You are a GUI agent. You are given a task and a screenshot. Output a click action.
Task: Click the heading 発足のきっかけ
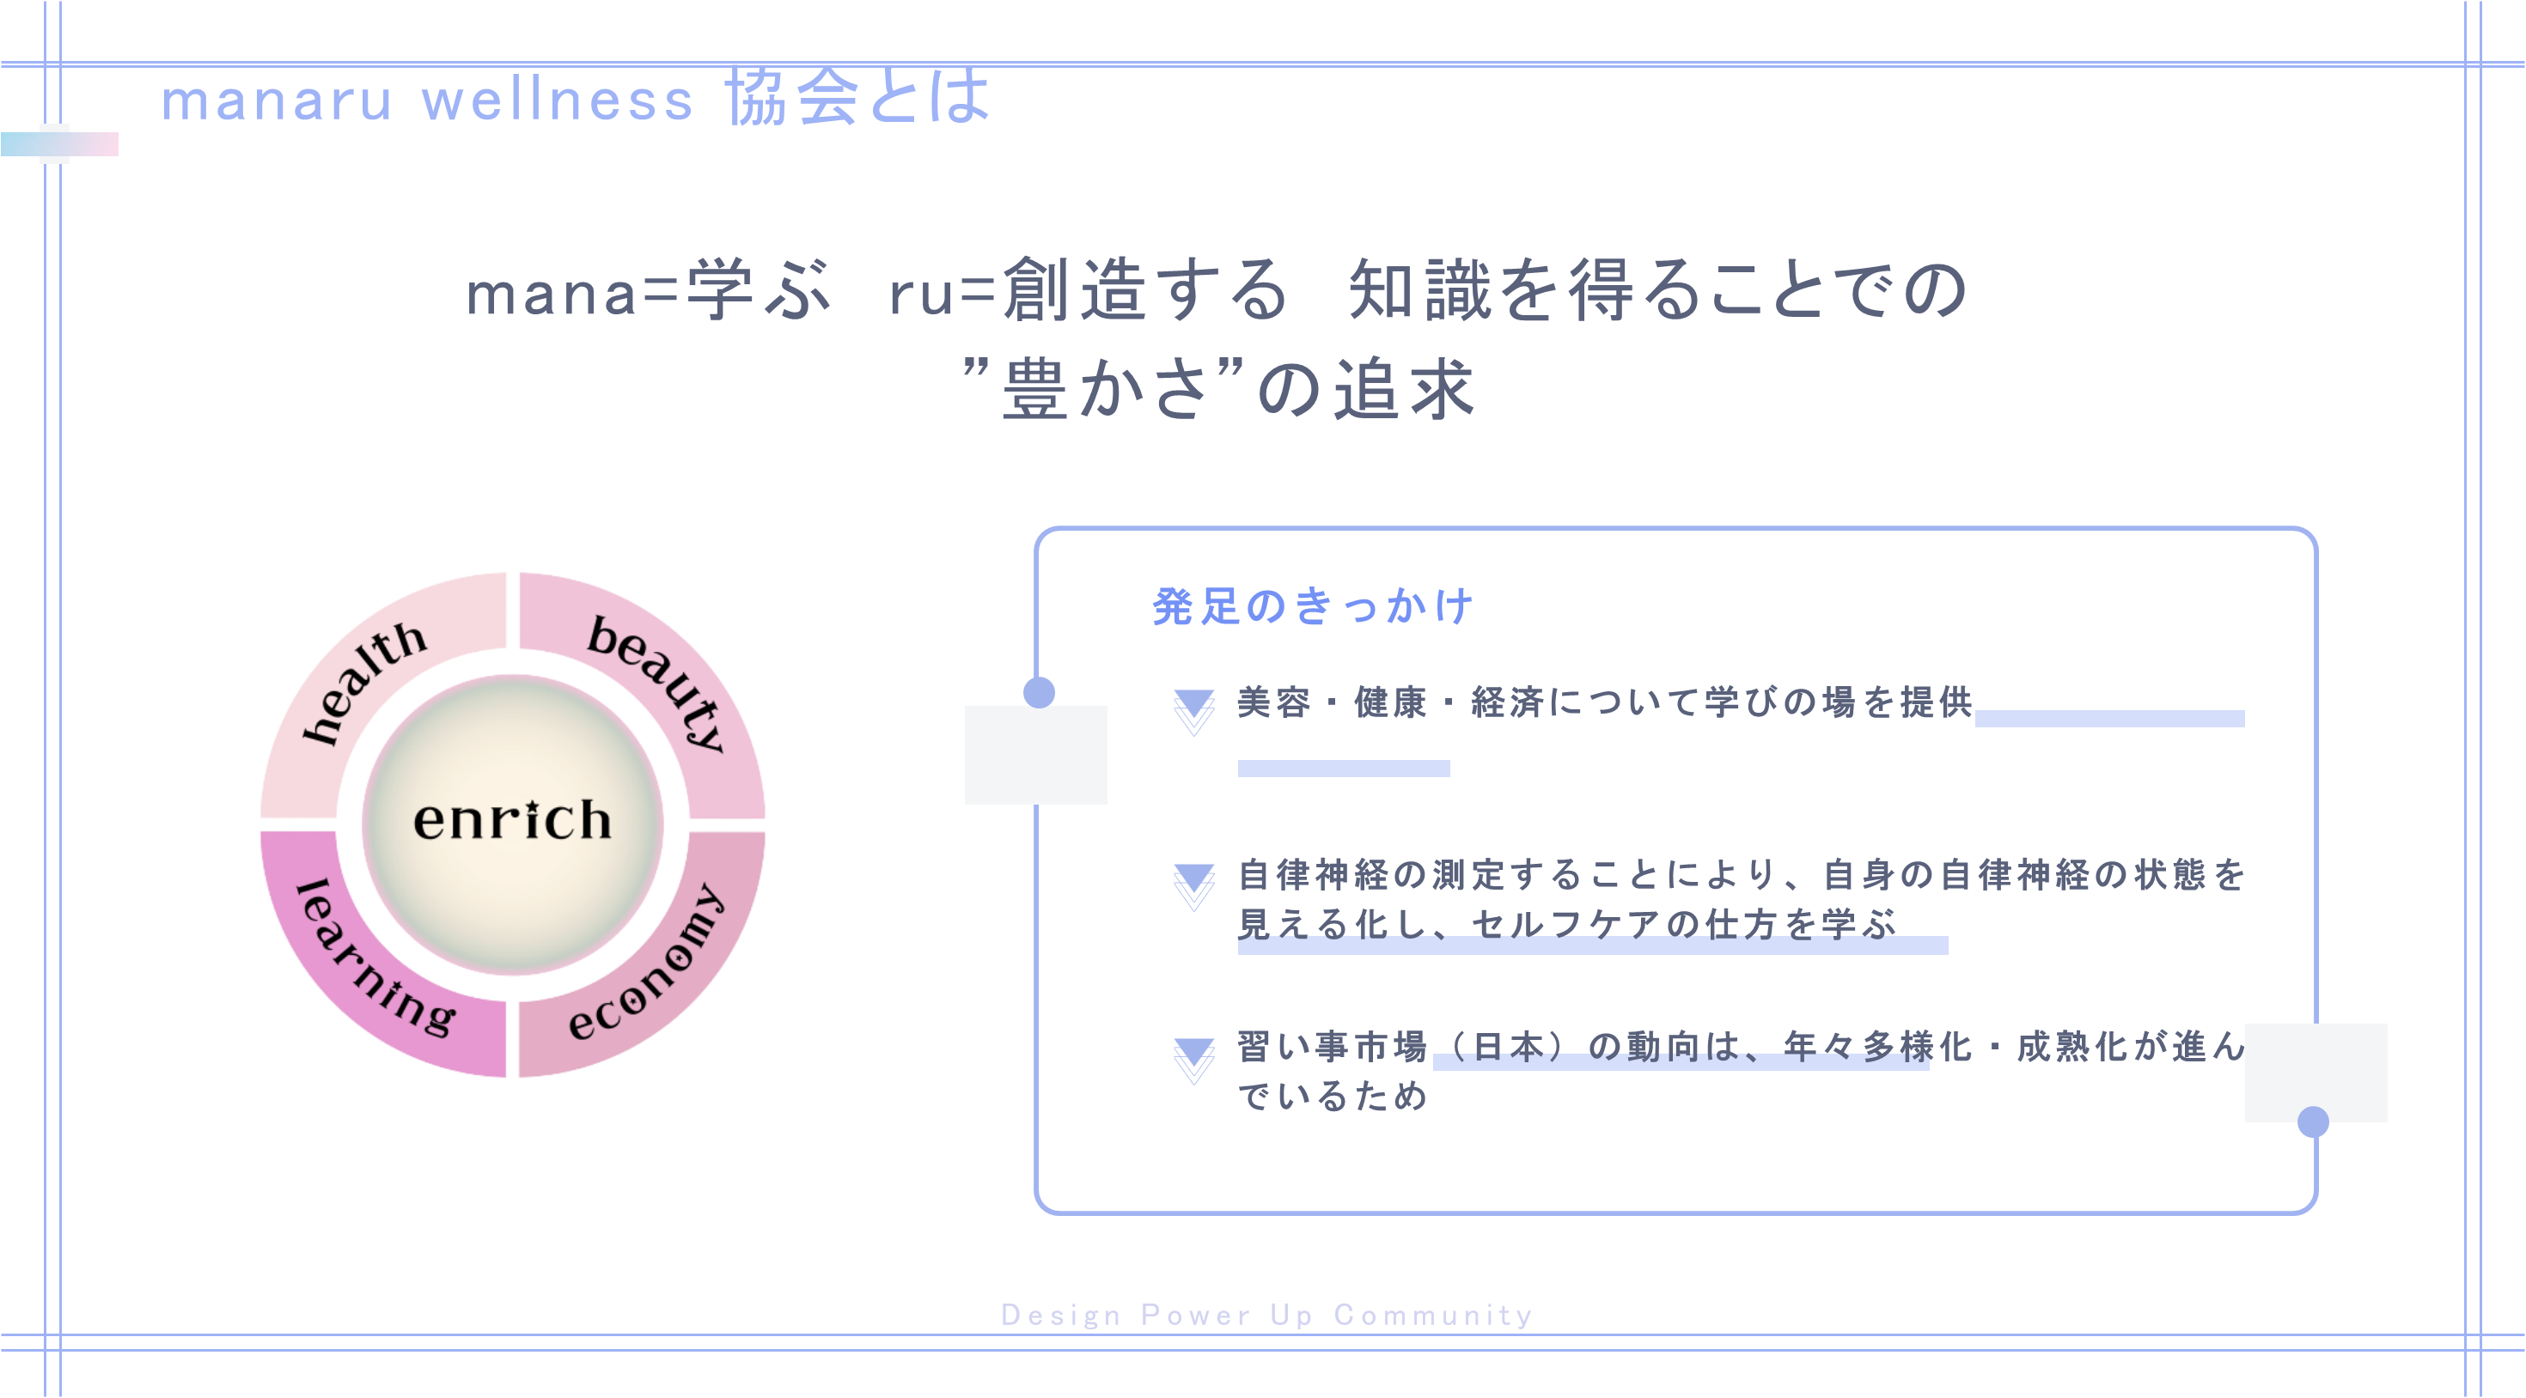pos(1312,607)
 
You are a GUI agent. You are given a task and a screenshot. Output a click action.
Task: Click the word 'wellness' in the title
pos(557,100)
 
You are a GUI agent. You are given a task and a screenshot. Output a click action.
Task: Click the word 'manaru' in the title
pos(277,100)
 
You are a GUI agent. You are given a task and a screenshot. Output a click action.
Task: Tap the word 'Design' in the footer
pos(1060,1315)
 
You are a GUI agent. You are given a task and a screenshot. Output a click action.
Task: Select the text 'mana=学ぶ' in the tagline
pos(647,291)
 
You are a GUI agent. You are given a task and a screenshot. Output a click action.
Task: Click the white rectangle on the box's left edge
pos(1035,755)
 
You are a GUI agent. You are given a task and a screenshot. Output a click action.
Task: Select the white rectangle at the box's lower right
pos(2315,1072)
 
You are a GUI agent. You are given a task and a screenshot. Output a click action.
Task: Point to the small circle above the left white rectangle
pos(1039,692)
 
